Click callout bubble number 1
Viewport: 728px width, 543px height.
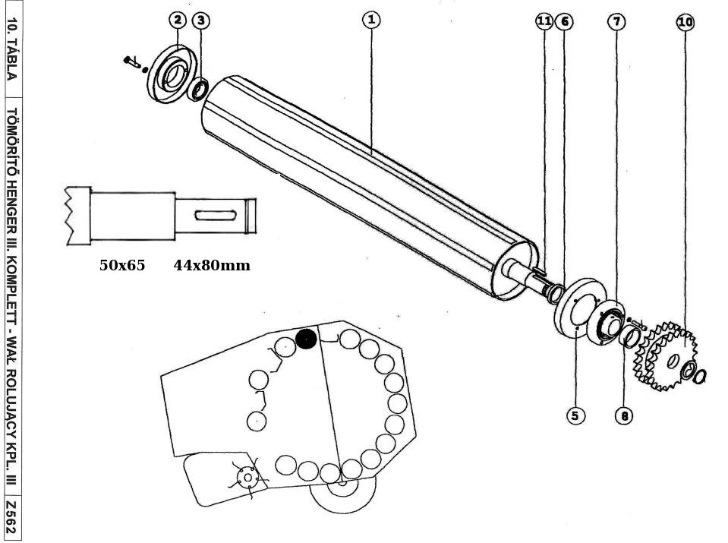(370, 21)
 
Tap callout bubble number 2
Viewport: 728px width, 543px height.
(177, 20)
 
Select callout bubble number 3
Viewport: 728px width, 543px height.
(200, 20)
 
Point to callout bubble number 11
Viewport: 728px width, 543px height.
(544, 21)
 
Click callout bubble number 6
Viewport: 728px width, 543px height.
(564, 21)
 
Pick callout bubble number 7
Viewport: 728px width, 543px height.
(616, 21)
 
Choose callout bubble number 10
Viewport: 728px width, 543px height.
(685, 22)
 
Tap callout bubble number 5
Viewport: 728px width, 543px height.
(575, 415)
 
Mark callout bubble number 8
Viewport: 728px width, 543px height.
(624, 415)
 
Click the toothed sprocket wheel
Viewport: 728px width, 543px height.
(668, 355)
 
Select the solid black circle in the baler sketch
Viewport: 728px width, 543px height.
(306, 339)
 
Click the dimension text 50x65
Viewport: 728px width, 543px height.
(122, 265)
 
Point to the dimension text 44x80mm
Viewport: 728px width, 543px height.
(211, 265)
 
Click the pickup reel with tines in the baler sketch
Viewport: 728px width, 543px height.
(247, 477)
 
